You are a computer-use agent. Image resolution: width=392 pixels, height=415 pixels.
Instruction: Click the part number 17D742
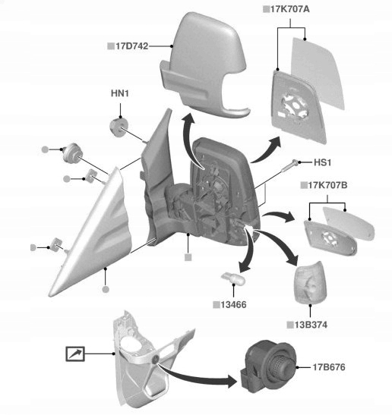132,46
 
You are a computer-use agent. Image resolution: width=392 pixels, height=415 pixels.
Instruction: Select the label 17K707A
289,9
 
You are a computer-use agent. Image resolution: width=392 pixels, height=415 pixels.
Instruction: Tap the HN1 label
120,93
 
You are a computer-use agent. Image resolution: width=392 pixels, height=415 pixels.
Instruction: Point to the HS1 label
322,162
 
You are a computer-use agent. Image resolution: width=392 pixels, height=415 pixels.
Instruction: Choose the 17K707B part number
327,185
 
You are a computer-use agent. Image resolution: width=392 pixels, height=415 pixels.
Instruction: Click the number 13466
233,305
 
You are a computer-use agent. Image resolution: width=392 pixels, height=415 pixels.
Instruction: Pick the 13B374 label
311,325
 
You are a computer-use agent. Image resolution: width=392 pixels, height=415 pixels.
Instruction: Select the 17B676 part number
329,367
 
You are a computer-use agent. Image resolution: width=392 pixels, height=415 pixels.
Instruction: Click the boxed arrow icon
75,354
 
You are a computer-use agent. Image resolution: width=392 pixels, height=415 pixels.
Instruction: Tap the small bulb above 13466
233,278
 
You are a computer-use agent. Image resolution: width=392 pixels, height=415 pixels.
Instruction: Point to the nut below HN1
119,127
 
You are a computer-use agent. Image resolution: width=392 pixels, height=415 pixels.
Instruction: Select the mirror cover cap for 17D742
204,64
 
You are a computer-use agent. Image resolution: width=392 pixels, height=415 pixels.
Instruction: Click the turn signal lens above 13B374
310,282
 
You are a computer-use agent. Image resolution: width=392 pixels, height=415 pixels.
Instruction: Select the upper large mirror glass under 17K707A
318,73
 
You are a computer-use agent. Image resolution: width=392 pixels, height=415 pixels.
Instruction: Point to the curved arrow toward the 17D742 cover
185,140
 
